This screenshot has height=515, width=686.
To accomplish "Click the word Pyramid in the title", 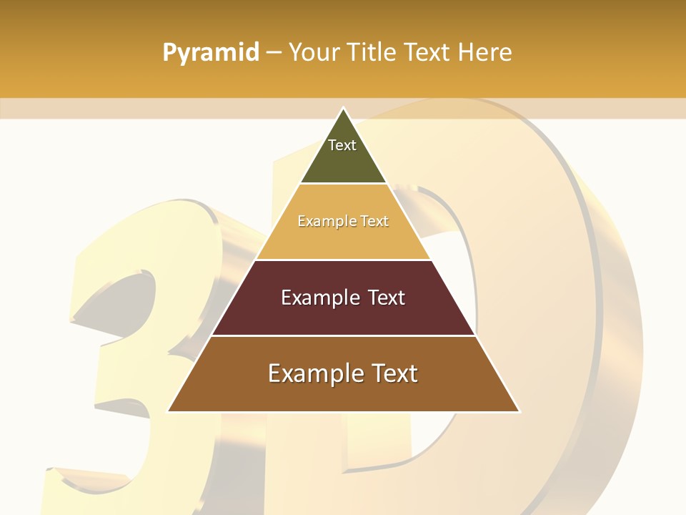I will (x=211, y=53).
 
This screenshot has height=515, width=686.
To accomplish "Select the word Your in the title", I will (x=313, y=53).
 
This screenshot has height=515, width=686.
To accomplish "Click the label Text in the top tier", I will (x=342, y=145).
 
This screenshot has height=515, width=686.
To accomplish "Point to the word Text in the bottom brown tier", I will (x=390, y=373).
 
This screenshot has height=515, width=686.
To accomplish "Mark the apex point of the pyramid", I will (x=343, y=108).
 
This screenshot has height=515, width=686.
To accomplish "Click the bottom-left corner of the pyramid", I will (x=168, y=411).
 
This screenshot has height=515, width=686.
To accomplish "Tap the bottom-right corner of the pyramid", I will (x=519, y=411).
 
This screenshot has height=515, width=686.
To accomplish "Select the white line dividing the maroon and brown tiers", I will (x=343, y=335).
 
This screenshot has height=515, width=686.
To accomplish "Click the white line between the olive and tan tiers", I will (x=343, y=184).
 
